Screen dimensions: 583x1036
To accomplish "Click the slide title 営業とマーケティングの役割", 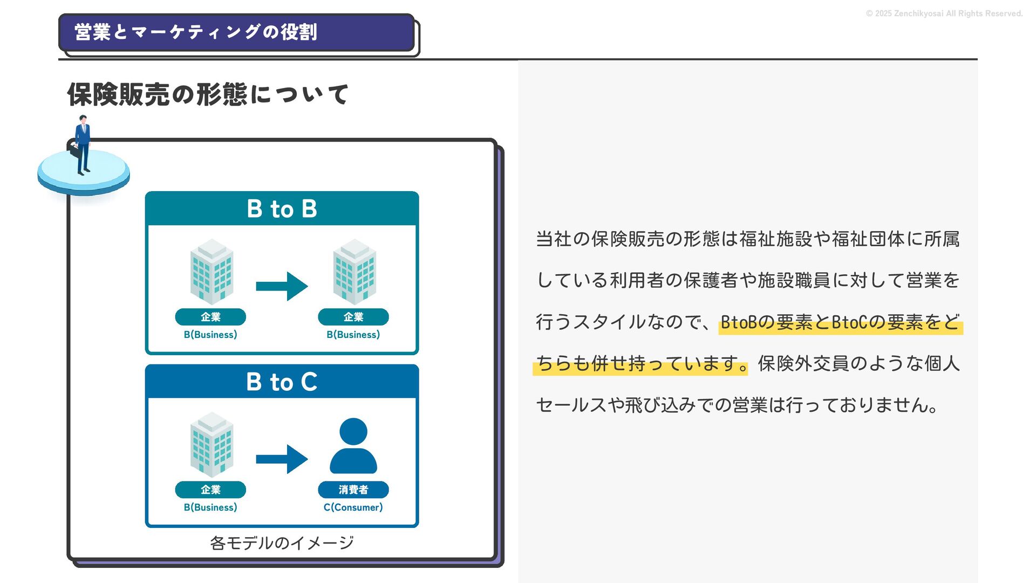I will coord(195,32).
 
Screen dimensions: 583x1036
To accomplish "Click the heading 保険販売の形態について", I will coord(208,94).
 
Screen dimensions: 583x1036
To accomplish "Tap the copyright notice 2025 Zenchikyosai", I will coord(944,13).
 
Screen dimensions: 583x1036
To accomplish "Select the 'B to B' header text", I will coord(282,209).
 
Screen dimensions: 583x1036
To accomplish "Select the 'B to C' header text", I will coord(282,382).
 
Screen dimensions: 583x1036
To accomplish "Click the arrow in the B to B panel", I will coord(282,286).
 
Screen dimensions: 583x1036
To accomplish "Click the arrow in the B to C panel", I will coord(282,459).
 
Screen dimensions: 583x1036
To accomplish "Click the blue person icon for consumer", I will coord(353,446).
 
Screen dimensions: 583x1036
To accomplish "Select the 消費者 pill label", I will coord(353,490).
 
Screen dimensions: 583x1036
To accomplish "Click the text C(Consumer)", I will coord(353,507).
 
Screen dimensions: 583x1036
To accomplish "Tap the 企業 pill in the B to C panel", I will coord(210,490).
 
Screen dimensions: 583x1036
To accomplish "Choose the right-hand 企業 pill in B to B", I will coord(353,317).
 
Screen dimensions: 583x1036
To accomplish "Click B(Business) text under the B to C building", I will coord(210,507).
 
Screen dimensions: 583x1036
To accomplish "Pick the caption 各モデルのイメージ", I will coord(282,543).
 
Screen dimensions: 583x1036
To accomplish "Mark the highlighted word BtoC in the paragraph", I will coord(849,322).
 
